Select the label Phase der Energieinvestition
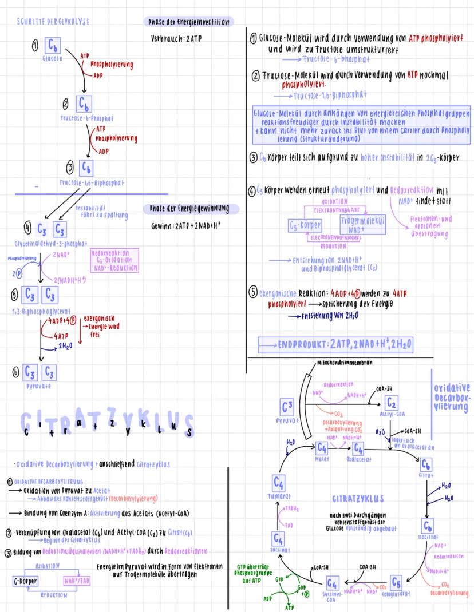click(x=188, y=22)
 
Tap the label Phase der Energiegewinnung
click(x=186, y=209)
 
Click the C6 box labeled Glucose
click(x=53, y=45)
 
